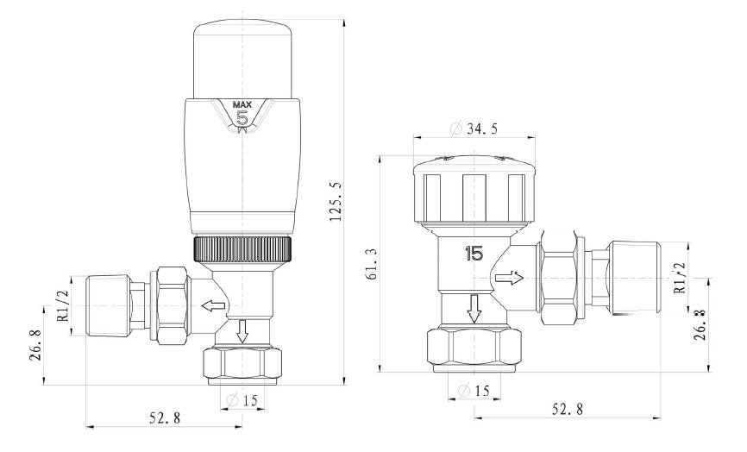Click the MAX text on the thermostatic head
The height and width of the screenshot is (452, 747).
[x=243, y=105]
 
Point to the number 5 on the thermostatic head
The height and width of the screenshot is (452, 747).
[x=243, y=119]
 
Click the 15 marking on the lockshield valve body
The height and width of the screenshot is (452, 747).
[x=474, y=254]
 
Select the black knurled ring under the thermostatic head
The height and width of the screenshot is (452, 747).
[x=243, y=250]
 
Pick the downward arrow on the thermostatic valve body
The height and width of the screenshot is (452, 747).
[x=242, y=330]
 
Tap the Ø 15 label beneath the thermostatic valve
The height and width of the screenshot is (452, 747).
[x=244, y=399]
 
